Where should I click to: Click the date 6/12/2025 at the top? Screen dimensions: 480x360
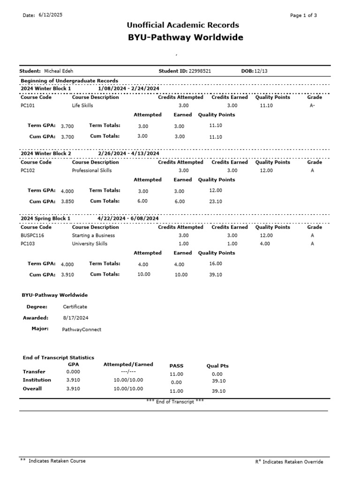click(x=50, y=15)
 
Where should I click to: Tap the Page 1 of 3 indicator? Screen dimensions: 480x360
click(x=303, y=15)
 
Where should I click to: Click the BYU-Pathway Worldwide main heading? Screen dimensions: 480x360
click(x=186, y=37)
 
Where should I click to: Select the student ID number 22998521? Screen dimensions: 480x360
click(x=200, y=71)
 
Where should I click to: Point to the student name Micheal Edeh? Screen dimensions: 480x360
click(x=59, y=71)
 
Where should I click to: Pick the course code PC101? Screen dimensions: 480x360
click(x=28, y=106)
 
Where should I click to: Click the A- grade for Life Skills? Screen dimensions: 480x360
click(x=313, y=106)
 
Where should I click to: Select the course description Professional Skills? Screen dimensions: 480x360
click(x=92, y=171)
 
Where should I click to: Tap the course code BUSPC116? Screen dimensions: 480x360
click(x=32, y=236)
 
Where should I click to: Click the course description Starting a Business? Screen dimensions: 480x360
click(x=93, y=236)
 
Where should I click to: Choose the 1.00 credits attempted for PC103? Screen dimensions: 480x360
click(x=184, y=244)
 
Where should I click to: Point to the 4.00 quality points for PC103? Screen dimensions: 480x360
click(x=265, y=244)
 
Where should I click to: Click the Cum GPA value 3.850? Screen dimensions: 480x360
click(x=67, y=202)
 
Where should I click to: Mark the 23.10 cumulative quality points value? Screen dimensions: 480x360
click(x=216, y=202)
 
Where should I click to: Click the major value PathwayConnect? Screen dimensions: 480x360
click(x=82, y=330)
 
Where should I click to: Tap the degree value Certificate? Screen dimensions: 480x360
click(x=75, y=307)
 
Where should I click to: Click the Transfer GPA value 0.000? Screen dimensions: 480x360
click(x=73, y=372)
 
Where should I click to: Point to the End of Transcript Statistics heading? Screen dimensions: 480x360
click(x=59, y=358)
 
